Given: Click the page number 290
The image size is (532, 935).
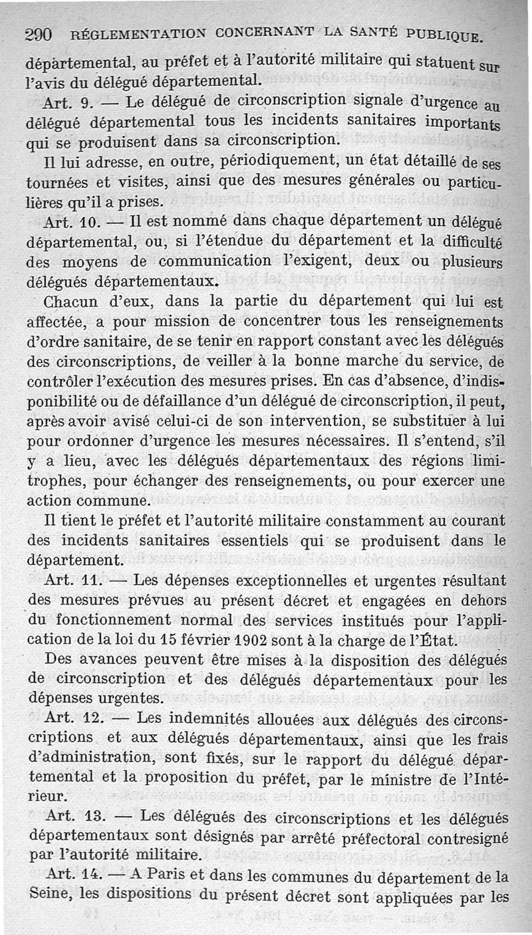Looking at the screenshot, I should [x=43, y=37].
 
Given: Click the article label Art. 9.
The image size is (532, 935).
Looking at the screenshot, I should [x=66, y=104].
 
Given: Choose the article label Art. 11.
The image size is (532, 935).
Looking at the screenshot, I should [x=71, y=580].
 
